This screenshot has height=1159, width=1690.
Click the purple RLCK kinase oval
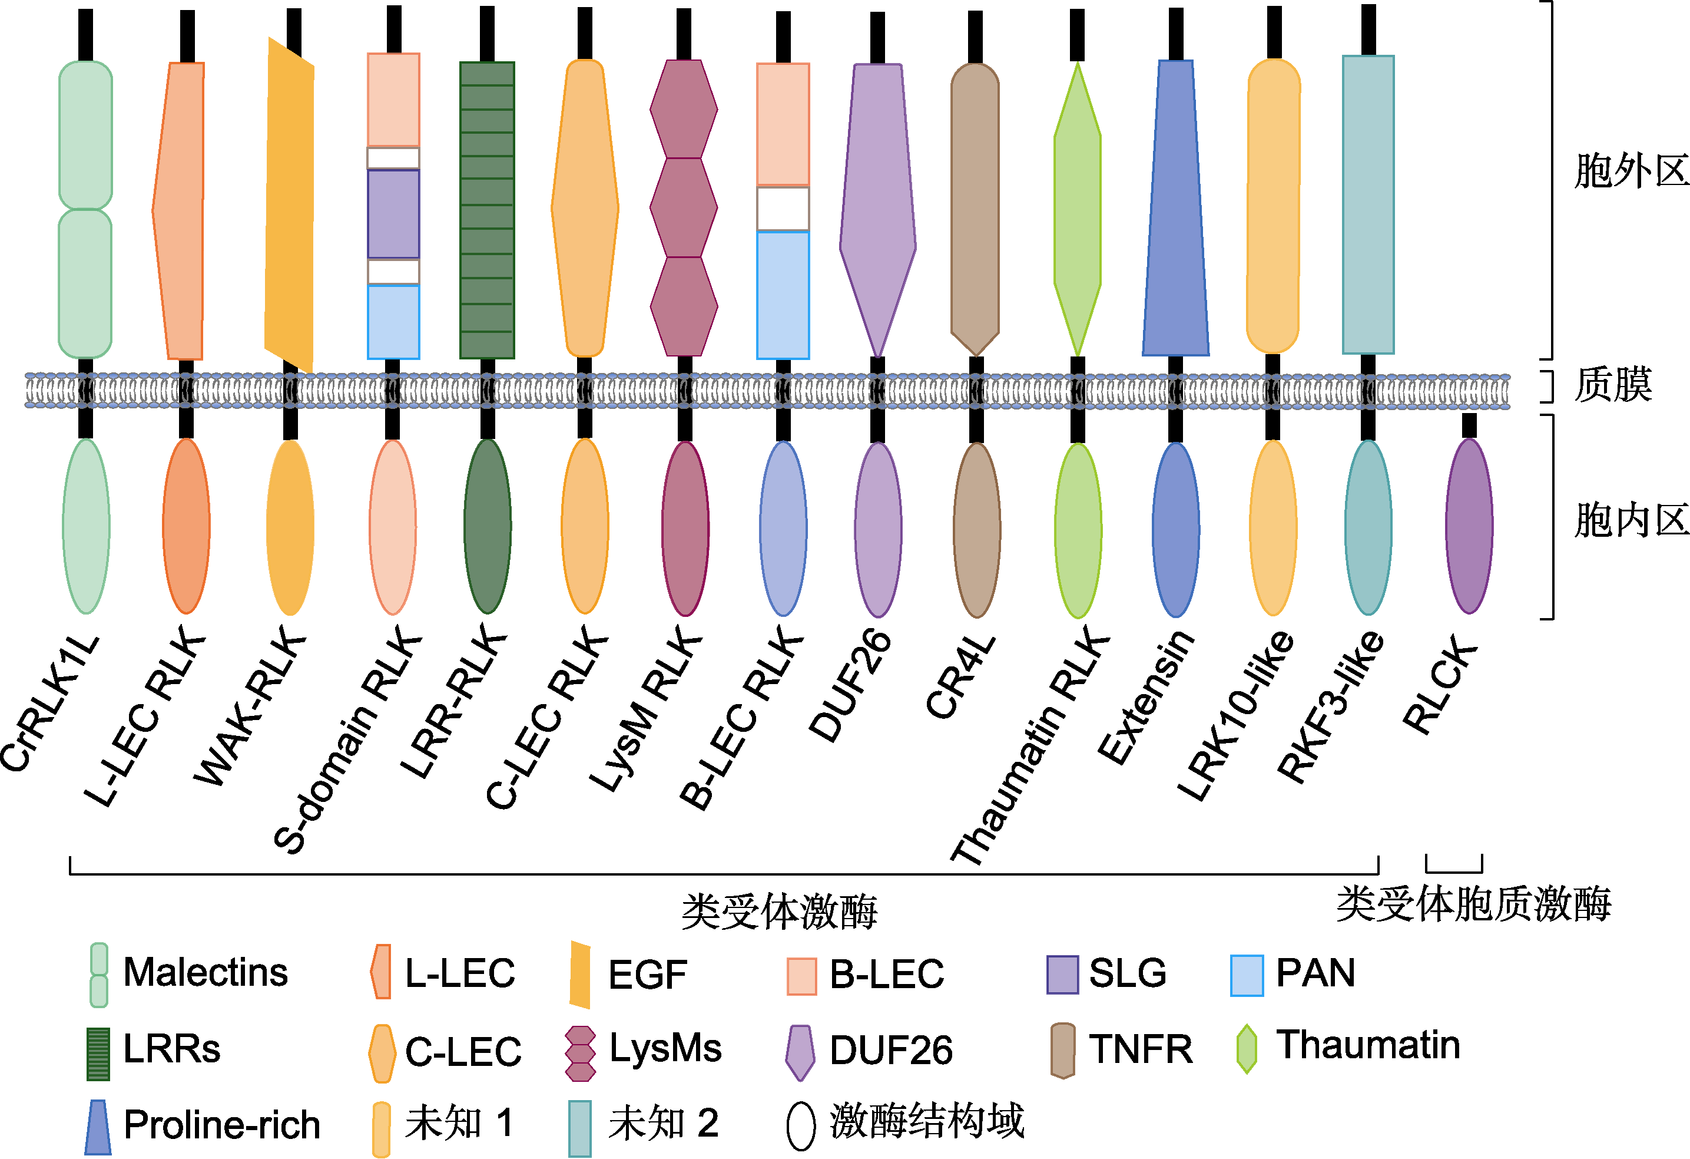click(x=1469, y=526)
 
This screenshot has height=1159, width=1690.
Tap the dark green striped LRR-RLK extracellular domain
click(x=487, y=210)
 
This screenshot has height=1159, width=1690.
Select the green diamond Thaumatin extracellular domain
click(x=1078, y=210)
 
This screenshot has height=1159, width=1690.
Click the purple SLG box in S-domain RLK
click(x=393, y=214)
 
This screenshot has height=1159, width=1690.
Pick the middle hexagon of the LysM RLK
click(x=684, y=207)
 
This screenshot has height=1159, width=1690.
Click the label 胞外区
click(x=1631, y=171)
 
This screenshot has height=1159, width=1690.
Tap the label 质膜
click(x=1613, y=384)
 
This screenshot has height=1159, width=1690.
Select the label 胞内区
click(x=1631, y=521)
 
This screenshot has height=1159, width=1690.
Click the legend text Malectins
click(x=206, y=972)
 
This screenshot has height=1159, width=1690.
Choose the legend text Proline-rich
click(x=222, y=1124)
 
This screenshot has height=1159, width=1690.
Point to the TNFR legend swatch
click(x=1063, y=1051)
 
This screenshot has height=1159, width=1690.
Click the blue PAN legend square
click(x=1247, y=976)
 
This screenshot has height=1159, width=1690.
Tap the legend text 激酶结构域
click(x=927, y=1121)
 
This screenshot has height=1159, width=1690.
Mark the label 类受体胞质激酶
click(x=1474, y=904)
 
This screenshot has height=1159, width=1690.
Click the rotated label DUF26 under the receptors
click(x=850, y=685)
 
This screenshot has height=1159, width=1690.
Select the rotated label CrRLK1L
click(x=49, y=703)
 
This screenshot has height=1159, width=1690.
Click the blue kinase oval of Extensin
click(x=1176, y=529)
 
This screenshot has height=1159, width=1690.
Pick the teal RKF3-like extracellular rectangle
click(x=1368, y=204)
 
